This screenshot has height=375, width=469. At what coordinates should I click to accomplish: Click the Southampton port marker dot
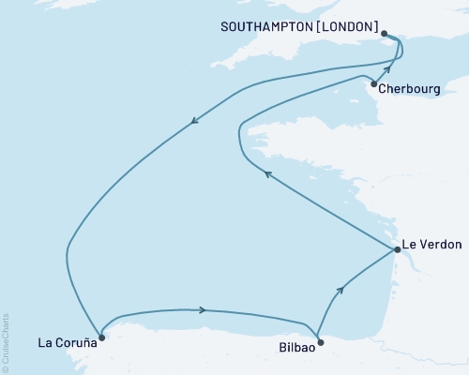tap(385, 33)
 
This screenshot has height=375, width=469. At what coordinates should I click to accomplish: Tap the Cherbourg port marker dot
tap(373, 84)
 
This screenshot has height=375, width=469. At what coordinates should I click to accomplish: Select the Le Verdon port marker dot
tap(397, 249)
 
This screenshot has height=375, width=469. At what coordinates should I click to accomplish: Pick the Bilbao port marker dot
tap(320, 342)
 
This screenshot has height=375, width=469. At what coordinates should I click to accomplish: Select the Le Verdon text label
tap(431, 246)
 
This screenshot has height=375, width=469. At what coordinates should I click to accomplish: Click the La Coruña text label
tap(66, 340)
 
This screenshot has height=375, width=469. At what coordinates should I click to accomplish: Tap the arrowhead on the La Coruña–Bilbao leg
tap(201, 310)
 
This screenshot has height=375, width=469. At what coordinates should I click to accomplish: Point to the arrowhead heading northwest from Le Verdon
tap(266, 173)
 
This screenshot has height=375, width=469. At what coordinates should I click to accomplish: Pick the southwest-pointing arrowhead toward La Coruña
tap(194, 119)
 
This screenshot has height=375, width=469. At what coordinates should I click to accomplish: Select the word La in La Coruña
tap(45, 340)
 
